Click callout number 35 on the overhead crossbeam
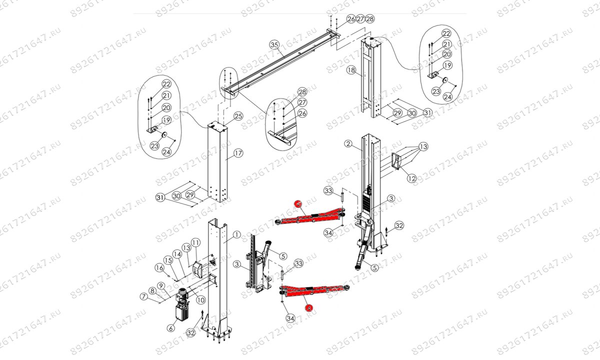pyautogui.click(x=273, y=44)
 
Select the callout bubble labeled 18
pyautogui.click(x=351, y=71)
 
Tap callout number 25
pyautogui.click(x=238, y=116)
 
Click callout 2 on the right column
pyautogui.click(x=348, y=144)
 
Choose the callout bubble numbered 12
pyautogui.click(x=411, y=177)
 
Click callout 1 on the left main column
pyautogui.click(x=236, y=234)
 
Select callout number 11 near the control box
pyautogui.click(x=195, y=242)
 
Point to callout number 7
pyautogui.click(x=144, y=297)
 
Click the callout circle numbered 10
pyautogui.click(x=200, y=300)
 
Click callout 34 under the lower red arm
pyautogui.click(x=290, y=317)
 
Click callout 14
pyautogui.click(x=176, y=253)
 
